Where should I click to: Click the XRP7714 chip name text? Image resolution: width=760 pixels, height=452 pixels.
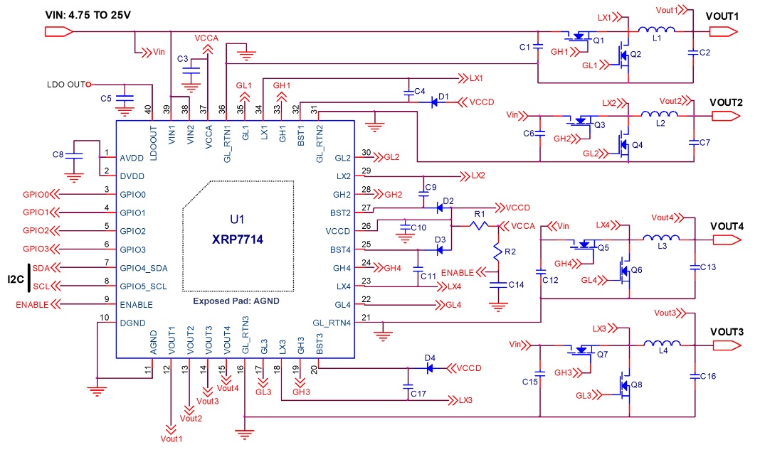(236, 240)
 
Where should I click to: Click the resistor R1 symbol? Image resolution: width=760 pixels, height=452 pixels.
(480, 226)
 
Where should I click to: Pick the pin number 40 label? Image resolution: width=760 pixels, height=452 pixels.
(147, 109)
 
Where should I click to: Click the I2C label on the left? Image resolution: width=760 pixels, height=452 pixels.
(13, 277)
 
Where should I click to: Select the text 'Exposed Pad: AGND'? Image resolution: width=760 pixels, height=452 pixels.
(236, 301)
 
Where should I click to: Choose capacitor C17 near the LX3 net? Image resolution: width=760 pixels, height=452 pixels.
(408, 388)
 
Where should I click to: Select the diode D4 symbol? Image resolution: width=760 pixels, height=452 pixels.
(429, 368)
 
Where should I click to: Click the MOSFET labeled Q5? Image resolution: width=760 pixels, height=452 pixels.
(586, 246)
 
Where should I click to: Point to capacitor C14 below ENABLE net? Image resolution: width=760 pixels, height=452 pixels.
(496, 284)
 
